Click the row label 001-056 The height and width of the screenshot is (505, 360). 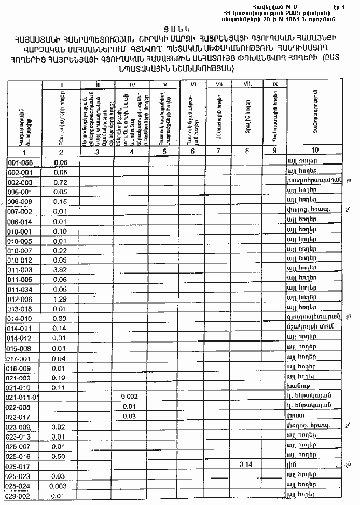pyautogui.click(x=19, y=162)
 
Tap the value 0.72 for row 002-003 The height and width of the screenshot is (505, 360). pyautogui.click(x=61, y=182)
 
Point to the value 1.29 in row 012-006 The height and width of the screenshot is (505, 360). pyautogui.click(x=61, y=299)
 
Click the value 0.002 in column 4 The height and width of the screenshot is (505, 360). pyautogui.click(x=130, y=397)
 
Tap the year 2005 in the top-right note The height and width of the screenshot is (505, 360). pyautogui.click(x=272, y=13)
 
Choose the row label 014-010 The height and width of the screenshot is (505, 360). pyautogui.click(x=19, y=318)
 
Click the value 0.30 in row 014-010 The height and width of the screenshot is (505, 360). pyautogui.click(x=61, y=318)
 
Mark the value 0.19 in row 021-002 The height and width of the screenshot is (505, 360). pyautogui.click(x=61, y=377)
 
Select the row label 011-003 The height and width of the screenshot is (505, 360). pyautogui.click(x=19, y=269)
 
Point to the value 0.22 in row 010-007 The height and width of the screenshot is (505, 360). pyautogui.click(x=61, y=251)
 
